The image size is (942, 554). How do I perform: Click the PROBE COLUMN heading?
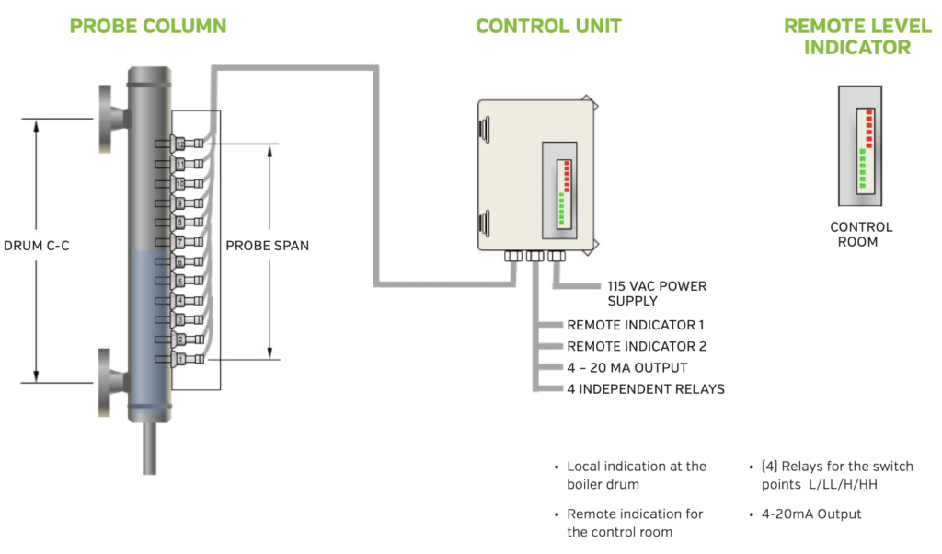148,26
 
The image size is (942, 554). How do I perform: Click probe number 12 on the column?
180,144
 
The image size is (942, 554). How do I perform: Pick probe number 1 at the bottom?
180,359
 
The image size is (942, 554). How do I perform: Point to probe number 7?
180,242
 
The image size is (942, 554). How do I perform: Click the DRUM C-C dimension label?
37,247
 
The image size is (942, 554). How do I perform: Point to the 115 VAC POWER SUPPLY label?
657,294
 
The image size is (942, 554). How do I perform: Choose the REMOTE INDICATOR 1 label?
636,325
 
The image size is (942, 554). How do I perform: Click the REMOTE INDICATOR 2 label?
636,347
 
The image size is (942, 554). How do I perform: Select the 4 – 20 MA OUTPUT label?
626,368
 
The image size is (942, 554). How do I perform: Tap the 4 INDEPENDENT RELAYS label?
645,389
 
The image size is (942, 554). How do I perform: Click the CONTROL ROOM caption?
861,235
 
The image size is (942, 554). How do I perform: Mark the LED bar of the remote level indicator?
864,149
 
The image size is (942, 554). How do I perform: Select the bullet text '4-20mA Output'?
812,514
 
